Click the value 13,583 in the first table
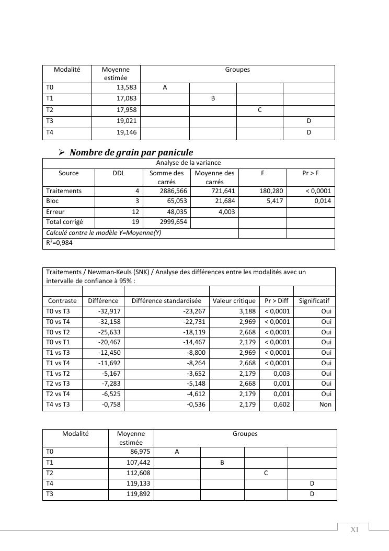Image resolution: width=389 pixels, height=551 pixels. tap(126, 88)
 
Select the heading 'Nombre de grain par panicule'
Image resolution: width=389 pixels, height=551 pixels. tap(131, 152)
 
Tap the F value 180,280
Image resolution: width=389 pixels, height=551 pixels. tap(271, 191)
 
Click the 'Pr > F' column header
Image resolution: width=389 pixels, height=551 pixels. tap(311, 173)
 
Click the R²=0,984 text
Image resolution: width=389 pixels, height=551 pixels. tap(60, 243)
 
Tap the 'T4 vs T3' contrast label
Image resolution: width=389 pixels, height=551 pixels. tap(58, 404)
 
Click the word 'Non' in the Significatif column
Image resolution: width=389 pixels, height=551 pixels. tap(325, 404)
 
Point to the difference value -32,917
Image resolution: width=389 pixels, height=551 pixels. tap(109, 311)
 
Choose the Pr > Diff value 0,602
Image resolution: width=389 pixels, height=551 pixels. tap(281, 404)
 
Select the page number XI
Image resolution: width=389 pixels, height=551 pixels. tap(354, 530)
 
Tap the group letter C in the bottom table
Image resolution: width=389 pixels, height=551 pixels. tap(266, 473)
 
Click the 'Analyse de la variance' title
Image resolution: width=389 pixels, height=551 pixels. tap(188, 163)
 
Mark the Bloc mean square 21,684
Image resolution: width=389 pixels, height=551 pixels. tap(224, 201)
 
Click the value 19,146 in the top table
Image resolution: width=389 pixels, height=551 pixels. tap(126, 133)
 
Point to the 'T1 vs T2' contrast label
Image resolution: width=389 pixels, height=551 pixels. tap(58, 374)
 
